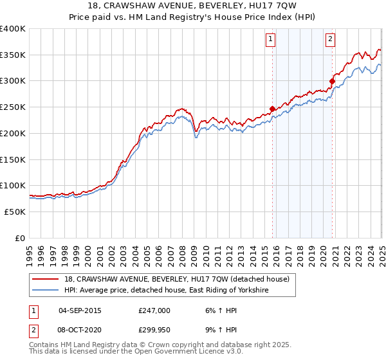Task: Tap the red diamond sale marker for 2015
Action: (x=272, y=109)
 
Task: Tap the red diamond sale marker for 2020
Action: (x=333, y=81)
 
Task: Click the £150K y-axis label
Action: (x=13, y=159)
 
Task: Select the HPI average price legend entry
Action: (x=165, y=291)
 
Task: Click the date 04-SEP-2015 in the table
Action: (x=80, y=310)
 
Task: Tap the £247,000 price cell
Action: (x=154, y=310)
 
